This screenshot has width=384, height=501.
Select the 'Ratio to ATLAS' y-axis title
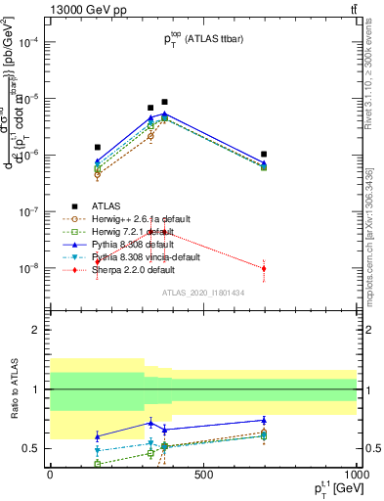(14, 388)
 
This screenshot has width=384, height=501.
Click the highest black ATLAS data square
(164, 102)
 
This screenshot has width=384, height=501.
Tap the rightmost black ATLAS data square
(264, 154)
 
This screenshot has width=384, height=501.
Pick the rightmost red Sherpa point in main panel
(264, 268)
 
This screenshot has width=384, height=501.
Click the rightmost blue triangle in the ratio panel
(264, 420)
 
